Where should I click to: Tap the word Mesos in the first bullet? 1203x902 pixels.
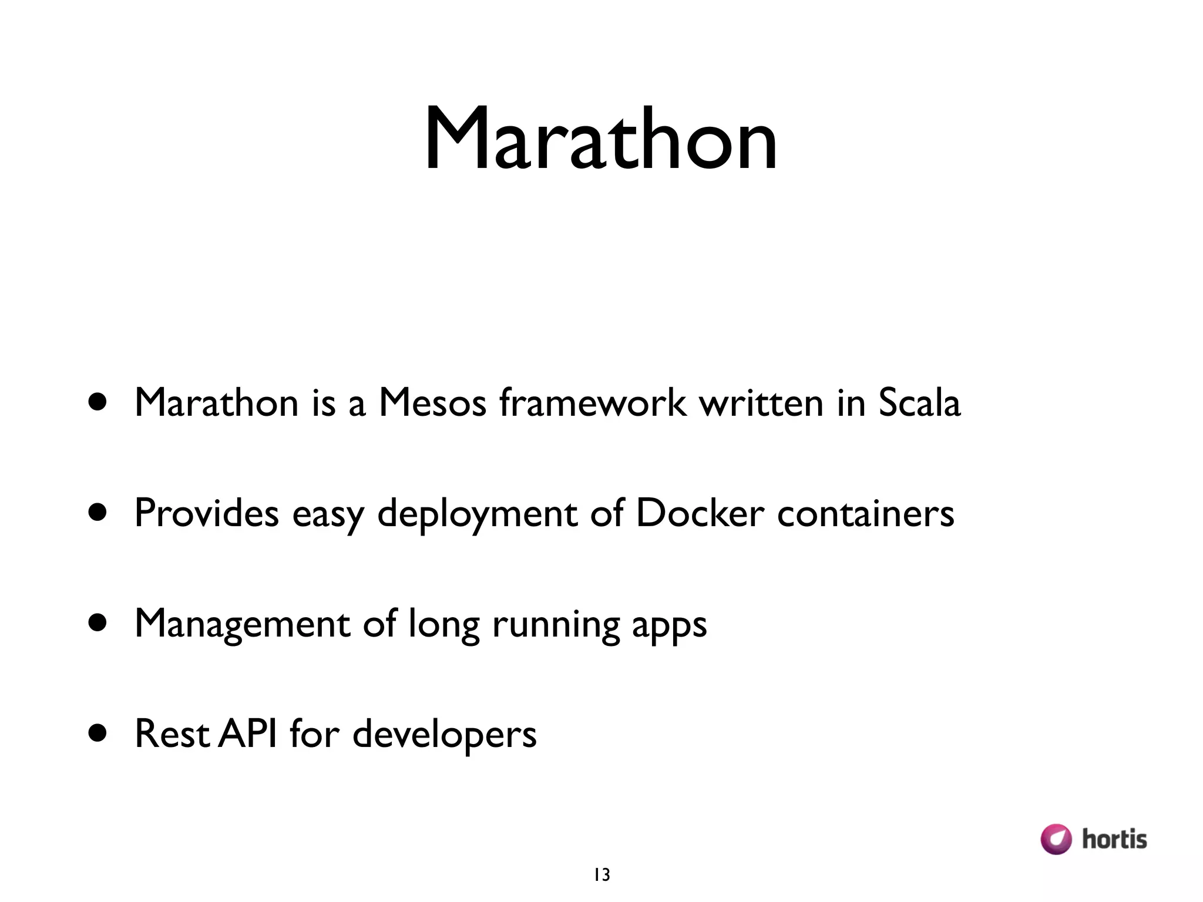433,403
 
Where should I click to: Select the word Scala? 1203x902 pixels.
919,403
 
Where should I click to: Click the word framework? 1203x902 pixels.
593,403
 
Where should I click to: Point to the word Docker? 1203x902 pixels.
700,513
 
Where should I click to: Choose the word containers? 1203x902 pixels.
865,513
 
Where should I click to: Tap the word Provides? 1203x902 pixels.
206,513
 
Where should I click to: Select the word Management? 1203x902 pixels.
242,624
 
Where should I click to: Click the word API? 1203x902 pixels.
247,733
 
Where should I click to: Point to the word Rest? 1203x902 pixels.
172,734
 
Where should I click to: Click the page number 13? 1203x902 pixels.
601,875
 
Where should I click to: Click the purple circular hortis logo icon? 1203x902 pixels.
1056,839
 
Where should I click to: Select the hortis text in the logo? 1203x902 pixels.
1114,839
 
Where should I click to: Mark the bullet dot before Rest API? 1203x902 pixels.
98,733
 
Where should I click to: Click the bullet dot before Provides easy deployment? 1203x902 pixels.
98,512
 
